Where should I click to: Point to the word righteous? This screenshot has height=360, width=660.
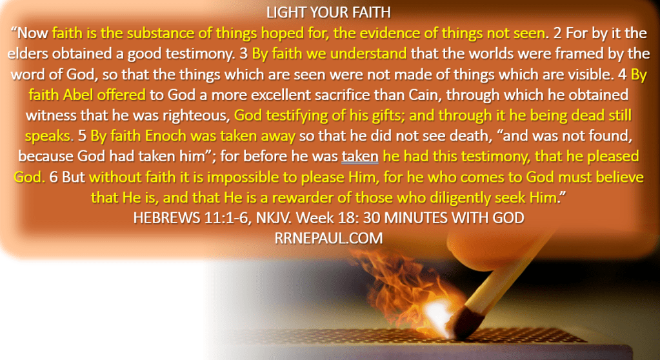[192, 115]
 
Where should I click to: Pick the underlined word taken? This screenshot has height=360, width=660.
[359, 157]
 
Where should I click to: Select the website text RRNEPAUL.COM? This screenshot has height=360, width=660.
[329, 238]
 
